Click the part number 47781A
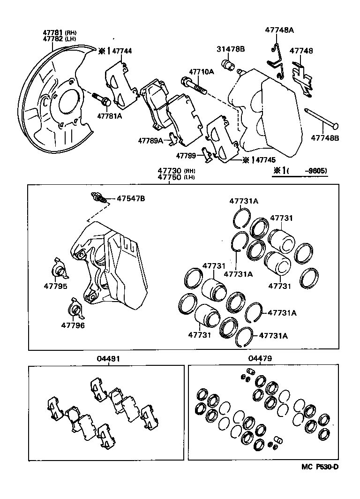(109, 116)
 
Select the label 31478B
(230, 49)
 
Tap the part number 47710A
(201, 72)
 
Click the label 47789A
(150, 140)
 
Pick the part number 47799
(186, 155)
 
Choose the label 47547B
(131, 198)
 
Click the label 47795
(56, 287)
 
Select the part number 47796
(73, 325)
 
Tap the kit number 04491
(109, 358)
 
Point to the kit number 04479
(260, 358)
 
